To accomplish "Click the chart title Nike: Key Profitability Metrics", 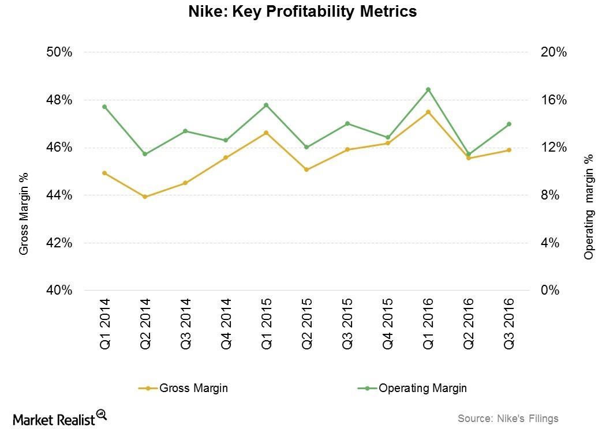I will pos(302,12).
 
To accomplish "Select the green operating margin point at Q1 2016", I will pos(428,89).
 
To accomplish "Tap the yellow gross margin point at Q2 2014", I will pos(145,197).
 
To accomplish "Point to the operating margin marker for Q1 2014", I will pos(104,107).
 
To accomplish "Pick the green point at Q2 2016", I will pos(468,155).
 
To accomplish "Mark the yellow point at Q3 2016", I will pos(508,150).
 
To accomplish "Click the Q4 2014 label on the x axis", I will pos(226,325).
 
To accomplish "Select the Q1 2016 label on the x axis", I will pos(428,325).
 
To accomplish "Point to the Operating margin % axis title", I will pos(589,206).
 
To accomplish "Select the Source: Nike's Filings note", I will pos(508,419).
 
